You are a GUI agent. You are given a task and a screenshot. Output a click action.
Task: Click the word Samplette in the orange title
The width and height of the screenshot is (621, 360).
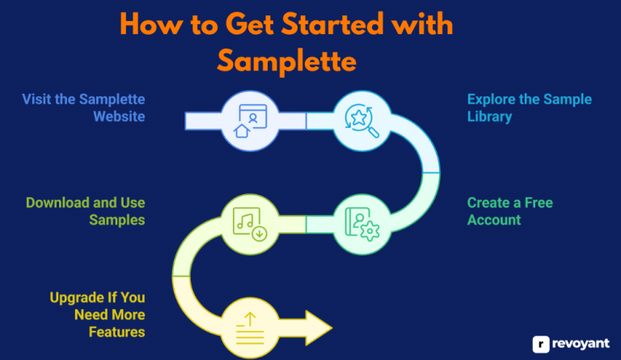tap(286, 60)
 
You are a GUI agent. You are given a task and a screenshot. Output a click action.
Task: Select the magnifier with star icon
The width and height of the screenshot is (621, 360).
tap(360, 121)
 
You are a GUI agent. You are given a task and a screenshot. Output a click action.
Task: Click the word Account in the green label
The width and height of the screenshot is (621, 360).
tap(494, 219)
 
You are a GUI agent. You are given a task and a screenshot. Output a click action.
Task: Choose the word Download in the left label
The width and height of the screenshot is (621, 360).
tap(57, 201)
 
